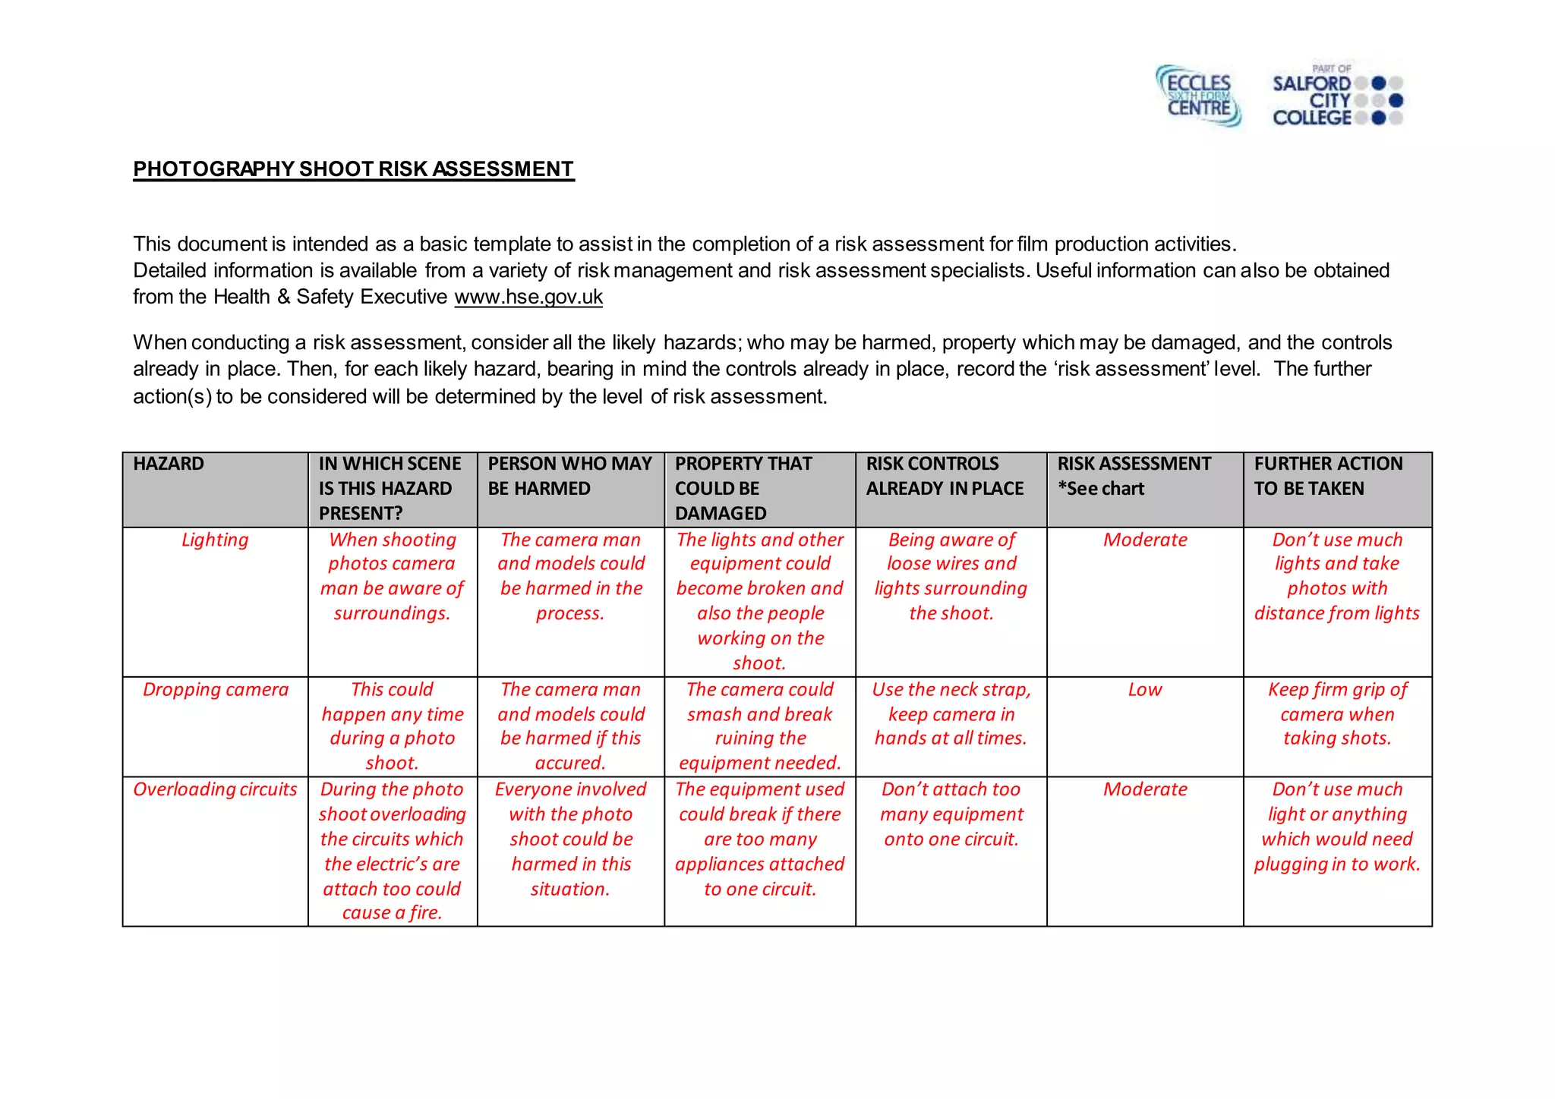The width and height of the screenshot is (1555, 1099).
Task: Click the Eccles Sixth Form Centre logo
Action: point(1198,96)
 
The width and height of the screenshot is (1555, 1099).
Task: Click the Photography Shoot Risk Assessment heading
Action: point(353,168)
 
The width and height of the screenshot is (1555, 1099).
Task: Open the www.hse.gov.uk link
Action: point(528,297)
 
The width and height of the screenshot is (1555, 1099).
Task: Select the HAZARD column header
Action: point(169,464)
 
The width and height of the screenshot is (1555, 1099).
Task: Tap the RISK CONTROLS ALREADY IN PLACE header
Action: point(945,476)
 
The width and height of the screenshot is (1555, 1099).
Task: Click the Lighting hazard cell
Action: point(215,540)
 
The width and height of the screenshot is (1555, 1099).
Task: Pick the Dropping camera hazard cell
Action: point(216,689)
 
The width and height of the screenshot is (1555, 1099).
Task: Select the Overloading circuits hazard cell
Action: point(215,789)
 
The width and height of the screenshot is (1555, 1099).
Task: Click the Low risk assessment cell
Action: point(1144,689)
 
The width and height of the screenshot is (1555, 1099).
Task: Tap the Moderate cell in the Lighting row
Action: point(1144,540)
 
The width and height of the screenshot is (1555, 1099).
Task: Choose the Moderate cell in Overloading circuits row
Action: point(1144,789)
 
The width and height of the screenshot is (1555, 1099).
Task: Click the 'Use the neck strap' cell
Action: point(951,713)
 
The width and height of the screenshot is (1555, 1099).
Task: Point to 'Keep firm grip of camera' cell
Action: point(1337,713)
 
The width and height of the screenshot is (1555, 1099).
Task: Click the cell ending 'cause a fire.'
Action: point(392,850)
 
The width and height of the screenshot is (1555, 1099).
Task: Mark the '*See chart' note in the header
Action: point(1100,489)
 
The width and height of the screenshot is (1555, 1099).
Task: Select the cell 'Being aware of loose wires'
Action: point(951,576)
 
